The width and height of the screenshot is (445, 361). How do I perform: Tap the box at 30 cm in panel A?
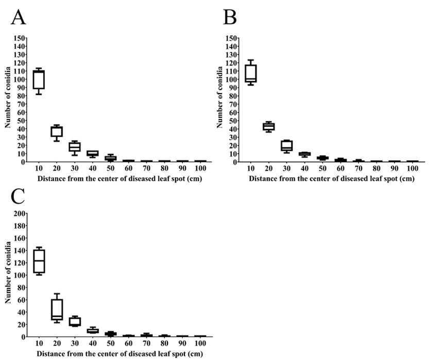point(75,147)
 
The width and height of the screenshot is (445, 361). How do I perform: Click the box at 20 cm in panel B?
point(269,127)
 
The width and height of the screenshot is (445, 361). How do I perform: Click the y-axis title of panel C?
point(8,278)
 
